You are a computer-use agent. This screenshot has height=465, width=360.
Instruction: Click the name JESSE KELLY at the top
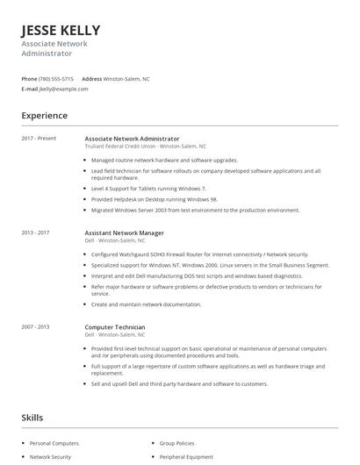coord(61,30)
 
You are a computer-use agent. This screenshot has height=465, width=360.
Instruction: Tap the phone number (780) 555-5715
coord(57,78)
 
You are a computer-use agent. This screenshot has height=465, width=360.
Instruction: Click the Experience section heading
coord(44,116)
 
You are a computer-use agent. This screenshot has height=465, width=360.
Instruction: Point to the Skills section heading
coord(32,418)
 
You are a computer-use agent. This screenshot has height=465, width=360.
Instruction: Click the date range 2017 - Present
coord(38,139)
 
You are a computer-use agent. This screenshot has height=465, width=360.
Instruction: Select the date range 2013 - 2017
coord(35,232)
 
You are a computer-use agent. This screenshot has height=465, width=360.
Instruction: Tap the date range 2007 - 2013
coord(35,326)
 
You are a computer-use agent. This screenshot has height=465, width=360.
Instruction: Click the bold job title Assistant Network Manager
coord(124,232)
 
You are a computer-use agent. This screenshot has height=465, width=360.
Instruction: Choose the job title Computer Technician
coord(114,326)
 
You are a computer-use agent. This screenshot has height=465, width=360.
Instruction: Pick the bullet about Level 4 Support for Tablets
coord(148,189)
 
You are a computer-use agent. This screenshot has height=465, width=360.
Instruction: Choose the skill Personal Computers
coord(54,443)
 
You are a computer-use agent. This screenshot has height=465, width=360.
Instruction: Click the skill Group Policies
coord(178,443)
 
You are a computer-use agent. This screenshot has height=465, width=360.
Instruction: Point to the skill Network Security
coord(51,457)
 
